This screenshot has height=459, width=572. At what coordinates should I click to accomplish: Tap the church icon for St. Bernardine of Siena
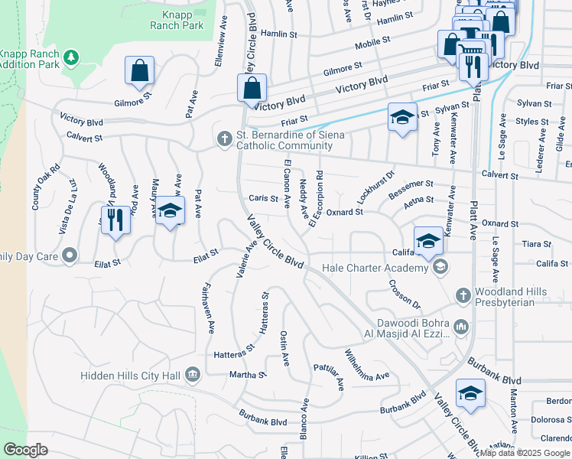224,138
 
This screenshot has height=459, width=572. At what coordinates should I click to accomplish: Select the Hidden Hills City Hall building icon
192,375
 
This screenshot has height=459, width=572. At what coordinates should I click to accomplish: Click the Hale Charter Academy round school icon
440,267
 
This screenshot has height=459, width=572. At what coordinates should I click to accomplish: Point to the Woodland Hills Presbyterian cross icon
462,295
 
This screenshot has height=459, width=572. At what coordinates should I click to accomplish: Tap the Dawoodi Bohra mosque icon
460,327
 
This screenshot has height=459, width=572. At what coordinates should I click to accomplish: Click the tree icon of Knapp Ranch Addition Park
70,57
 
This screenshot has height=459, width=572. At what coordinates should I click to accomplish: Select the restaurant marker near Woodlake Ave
115,221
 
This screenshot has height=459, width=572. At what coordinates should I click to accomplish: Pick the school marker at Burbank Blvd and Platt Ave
470,395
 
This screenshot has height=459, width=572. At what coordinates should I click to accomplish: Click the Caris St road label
263,198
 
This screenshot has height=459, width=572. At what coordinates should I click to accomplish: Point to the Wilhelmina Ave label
366,367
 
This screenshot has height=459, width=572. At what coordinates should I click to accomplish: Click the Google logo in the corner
25,450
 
